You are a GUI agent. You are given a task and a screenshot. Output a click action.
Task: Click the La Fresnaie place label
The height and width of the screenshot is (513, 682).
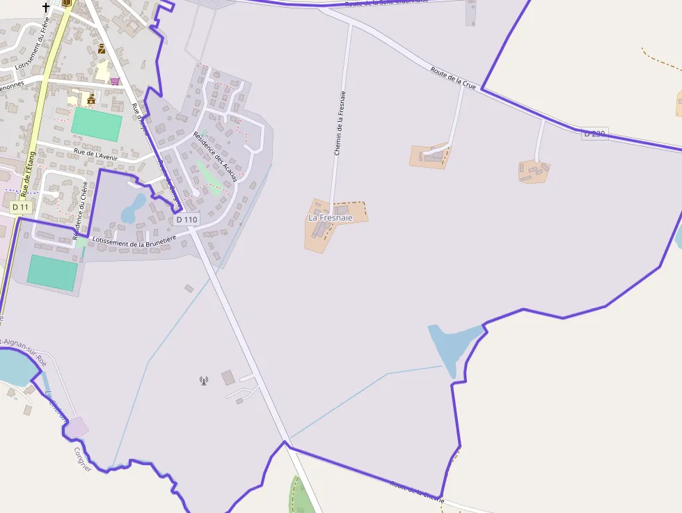point(331,218)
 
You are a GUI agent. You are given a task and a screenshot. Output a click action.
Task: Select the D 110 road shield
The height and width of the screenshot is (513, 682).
point(187,219)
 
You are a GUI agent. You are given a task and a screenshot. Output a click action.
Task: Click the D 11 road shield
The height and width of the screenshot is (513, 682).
point(21,207)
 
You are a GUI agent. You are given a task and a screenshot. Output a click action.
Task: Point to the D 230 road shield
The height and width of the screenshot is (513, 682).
point(595,133)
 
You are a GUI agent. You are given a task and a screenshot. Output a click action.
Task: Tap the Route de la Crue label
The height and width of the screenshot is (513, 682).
point(453,77)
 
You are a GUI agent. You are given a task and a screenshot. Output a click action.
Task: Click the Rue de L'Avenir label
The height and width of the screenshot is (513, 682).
point(95,155)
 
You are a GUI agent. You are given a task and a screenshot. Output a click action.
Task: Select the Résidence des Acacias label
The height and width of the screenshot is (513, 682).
point(215,157)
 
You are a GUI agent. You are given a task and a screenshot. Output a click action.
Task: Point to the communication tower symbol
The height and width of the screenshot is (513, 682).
point(204,380)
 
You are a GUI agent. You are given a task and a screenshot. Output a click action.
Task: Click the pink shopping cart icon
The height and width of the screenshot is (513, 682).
point(115,81)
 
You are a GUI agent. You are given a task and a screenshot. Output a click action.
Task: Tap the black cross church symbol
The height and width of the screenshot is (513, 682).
point(47,7)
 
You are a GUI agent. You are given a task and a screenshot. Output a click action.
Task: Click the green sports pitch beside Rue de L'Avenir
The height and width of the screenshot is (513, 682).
point(97,124)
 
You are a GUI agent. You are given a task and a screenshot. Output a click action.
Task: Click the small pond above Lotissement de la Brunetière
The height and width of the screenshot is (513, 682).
point(132,208)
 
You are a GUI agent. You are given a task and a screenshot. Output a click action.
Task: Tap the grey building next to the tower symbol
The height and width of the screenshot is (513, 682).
point(228,377)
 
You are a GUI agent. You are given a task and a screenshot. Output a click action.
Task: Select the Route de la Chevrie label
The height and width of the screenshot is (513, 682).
point(417,490)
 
